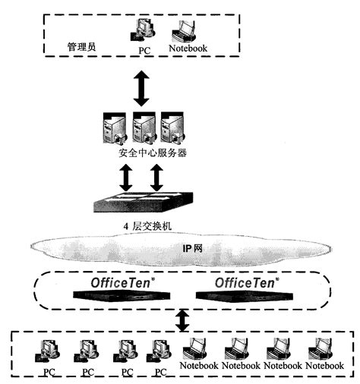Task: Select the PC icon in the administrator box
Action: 143,30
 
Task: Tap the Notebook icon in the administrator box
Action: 185,31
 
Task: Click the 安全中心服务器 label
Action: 152,154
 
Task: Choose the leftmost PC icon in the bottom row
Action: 48,351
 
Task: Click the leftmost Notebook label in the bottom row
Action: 198,366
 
